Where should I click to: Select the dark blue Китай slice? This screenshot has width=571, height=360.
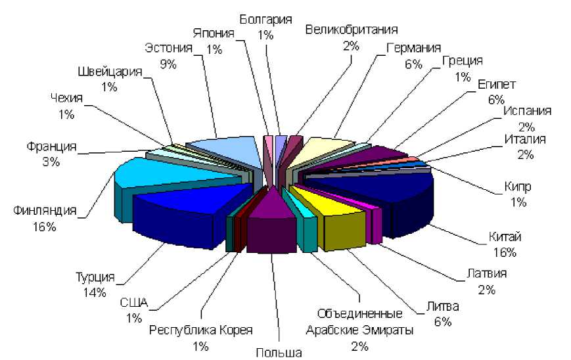click(x=381, y=191)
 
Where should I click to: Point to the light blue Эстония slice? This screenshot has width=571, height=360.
click(x=227, y=150)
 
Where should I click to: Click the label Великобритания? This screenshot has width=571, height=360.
click(x=352, y=29)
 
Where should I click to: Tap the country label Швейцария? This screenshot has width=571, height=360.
click(x=110, y=72)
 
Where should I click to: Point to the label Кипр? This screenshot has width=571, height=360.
click(x=518, y=187)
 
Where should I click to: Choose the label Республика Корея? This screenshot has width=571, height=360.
click(x=200, y=330)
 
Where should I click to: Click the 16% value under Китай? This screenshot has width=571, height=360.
click(x=503, y=252)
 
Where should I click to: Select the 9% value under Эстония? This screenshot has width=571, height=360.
click(x=168, y=64)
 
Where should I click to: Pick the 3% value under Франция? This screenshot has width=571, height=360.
click(x=51, y=162)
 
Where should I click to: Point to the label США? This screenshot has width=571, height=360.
click(x=135, y=304)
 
